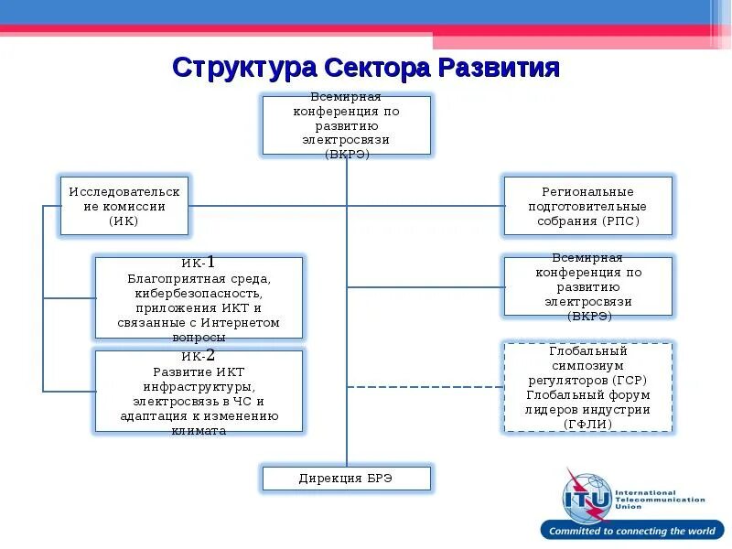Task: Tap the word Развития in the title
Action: point(499,68)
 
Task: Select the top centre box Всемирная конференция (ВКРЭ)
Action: point(346,124)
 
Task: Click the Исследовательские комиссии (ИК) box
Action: point(124,206)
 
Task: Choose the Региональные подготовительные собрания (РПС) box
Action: point(587,206)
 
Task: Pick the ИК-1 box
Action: point(199,299)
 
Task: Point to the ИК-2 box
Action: point(199,392)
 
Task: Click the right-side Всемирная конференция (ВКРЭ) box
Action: point(587,286)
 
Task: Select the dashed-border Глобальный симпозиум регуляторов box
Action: point(587,387)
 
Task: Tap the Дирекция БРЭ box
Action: point(346,478)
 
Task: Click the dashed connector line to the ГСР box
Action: point(425,386)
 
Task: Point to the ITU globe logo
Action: point(587,498)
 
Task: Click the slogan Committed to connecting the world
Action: point(631,531)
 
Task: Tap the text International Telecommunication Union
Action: point(659,500)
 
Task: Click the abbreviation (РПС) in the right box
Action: point(621,221)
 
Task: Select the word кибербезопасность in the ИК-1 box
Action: point(199,295)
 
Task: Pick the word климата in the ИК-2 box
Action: point(199,430)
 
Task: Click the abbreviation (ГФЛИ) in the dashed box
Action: point(587,424)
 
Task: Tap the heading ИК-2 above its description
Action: point(199,356)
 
